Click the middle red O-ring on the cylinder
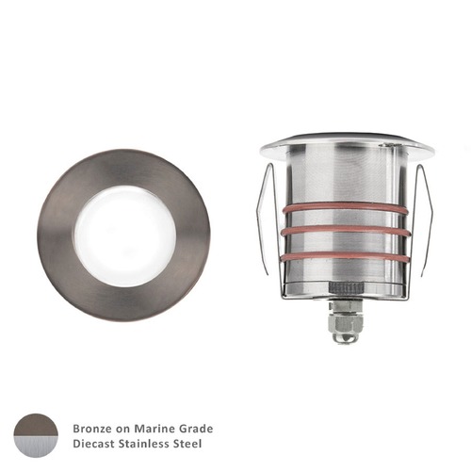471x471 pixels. (347, 231)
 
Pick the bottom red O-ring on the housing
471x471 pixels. (347, 255)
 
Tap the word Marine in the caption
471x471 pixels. (152, 428)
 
